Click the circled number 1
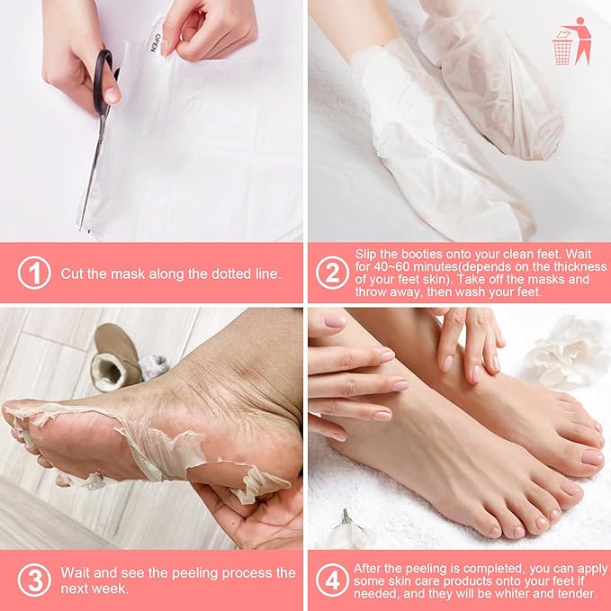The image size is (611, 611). (x=34, y=273)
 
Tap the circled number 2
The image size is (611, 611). (x=331, y=273)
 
